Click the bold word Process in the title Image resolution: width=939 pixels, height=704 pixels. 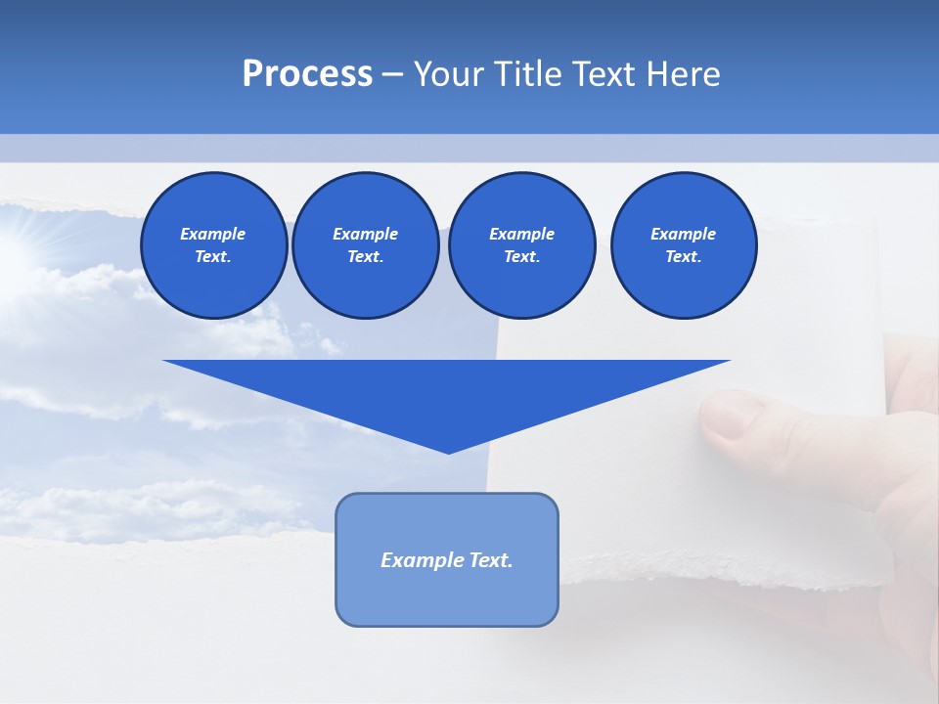(x=307, y=74)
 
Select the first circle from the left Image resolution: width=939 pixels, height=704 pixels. (x=213, y=245)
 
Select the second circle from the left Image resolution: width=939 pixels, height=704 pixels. (x=365, y=245)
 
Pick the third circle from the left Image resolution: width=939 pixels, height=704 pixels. (x=521, y=245)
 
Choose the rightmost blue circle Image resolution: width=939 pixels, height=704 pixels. (x=683, y=245)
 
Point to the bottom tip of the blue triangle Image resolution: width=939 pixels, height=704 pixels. (x=448, y=452)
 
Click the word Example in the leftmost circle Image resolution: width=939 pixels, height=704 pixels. (x=213, y=234)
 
